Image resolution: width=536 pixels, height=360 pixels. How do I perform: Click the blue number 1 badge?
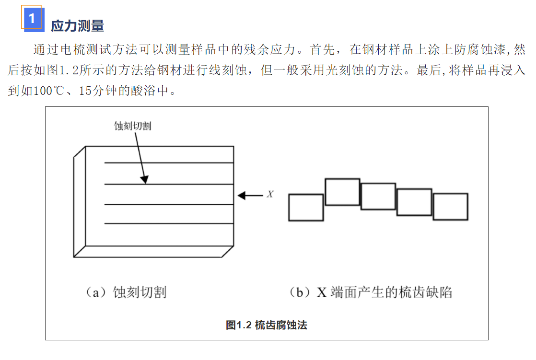(x=33, y=19)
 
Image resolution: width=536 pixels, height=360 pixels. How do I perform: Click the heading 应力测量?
(x=77, y=26)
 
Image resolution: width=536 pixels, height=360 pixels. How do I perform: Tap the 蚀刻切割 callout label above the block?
(x=133, y=126)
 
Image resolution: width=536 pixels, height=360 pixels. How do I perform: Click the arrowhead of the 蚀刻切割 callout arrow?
(x=145, y=179)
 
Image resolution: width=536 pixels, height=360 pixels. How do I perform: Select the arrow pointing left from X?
(x=250, y=196)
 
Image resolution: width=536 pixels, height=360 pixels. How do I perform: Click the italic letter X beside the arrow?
(x=270, y=194)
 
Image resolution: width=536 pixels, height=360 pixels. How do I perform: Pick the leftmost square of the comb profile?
(x=306, y=208)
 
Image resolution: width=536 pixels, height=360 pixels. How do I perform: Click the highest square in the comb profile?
(x=342, y=192)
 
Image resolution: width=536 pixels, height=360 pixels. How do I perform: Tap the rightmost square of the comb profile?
(x=451, y=207)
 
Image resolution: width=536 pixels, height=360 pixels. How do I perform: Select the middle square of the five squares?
(x=378, y=196)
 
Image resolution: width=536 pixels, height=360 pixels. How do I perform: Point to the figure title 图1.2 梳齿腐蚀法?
(x=267, y=325)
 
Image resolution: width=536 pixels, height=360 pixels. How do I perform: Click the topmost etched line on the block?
(x=169, y=163)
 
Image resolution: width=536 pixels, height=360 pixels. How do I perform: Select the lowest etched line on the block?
(x=169, y=223)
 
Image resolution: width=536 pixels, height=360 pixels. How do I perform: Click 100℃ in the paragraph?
(x=48, y=91)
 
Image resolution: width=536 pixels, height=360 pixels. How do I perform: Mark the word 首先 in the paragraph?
(x=322, y=49)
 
